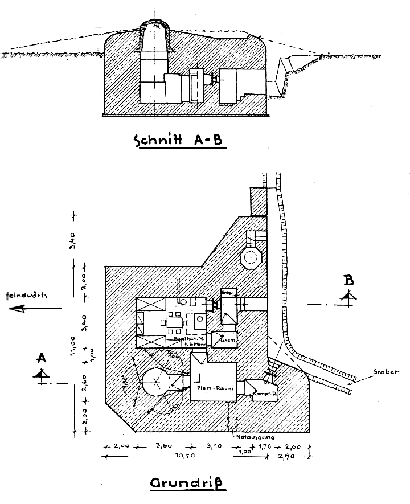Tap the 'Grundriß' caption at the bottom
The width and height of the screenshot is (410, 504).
(x=187, y=484)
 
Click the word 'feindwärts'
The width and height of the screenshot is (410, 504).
(x=26, y=296)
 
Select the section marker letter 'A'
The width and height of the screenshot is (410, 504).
(x=41, y=358)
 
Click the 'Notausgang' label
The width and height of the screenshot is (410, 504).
(x=254, y=437)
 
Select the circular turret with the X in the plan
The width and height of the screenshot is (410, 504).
(x=154, y=383)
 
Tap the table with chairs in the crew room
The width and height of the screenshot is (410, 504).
(x=175, y=323)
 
